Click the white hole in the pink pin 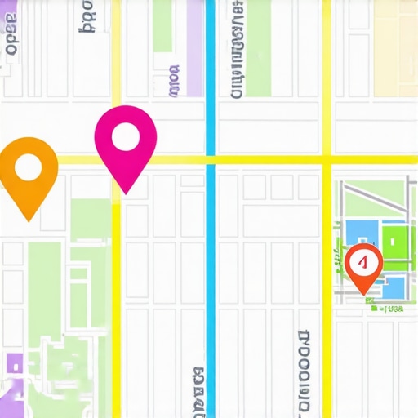point(125,137)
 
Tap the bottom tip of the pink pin point(125,193)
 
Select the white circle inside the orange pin point(29,168)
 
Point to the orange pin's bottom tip point(29,220)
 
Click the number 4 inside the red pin point(364,262)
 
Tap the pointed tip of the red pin point(364,293)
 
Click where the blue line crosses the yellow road point(211,159)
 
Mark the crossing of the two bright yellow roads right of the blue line point(327,158)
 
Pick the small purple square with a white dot point(13,363)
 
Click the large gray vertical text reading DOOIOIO point(305,371)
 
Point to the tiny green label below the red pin point(386,309)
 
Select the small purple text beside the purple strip point(173,82)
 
